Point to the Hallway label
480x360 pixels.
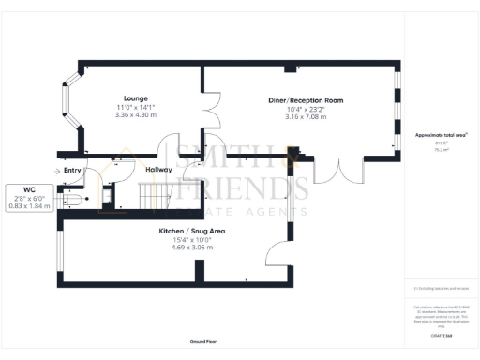tap(158, 170)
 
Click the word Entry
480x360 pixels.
tap(72, 171)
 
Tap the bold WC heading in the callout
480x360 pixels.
tap(29, 189)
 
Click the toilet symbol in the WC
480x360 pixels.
tap(73, 199)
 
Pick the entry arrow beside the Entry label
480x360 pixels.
tap(56, 171)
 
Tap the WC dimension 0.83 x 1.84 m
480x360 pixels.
tap(29, 205)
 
